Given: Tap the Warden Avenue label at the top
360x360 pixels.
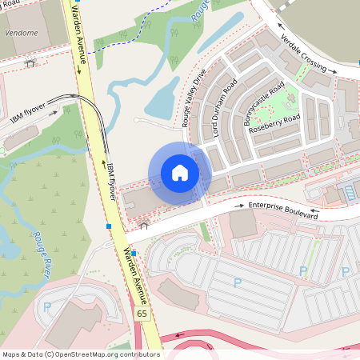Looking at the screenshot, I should (x=78, y=38).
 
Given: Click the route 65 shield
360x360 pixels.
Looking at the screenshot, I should (x=142, y=313).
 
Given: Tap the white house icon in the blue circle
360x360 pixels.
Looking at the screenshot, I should (x=180, y=172).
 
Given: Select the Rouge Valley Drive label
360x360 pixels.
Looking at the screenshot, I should (x=195, y=98).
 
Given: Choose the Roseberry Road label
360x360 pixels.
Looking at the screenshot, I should (x=274, y=124).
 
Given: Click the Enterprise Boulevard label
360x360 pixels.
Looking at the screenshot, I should (x=283, y=210).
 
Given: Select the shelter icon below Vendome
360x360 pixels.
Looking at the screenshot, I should (x=30, y=62).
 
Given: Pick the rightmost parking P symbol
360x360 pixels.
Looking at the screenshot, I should (x=346, y=272).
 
